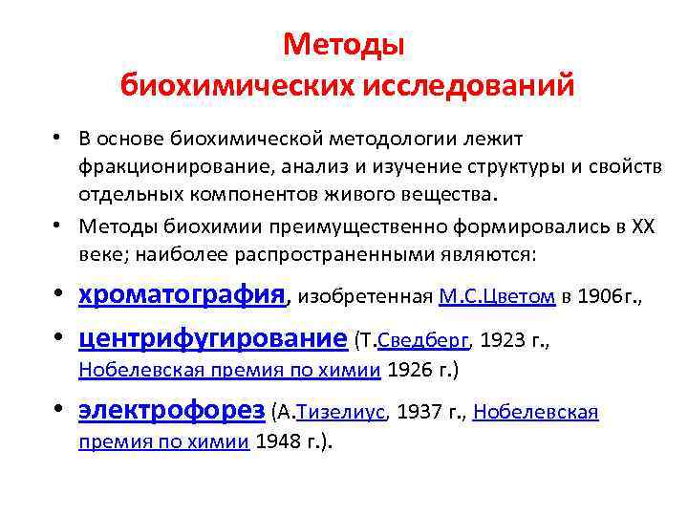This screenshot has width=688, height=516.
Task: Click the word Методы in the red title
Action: click(344, 44)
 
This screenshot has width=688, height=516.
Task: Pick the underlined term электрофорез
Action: click(172, 411)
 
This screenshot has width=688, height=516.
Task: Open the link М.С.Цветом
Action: click(497, 296)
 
